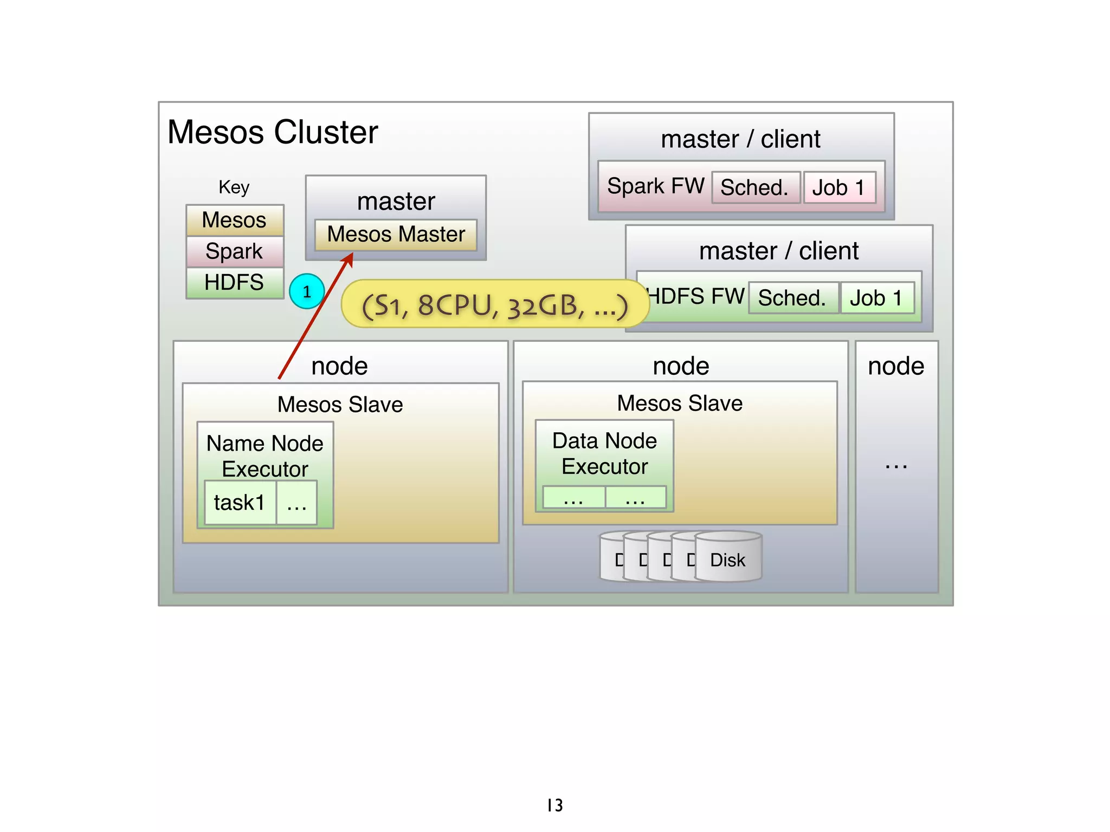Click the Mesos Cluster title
coord(273,132)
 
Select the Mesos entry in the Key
coord(234,220)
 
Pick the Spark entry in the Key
coord(234,251)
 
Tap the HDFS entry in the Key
coord(234,282)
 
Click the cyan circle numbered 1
coord(307,291)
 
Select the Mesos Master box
coord(396,235)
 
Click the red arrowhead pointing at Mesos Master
coord(348,259)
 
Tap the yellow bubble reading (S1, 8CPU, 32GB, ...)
coord(494,305)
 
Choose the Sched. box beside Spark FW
coord(755,187)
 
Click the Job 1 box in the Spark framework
coord(839,187)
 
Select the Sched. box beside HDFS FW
coord(792,297)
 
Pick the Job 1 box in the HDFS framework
coord(876,297)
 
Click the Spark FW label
coord(655,186)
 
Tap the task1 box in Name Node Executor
coord(240,503)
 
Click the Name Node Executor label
coord(265,456)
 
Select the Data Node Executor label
coord(604,453)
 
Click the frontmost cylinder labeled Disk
coord(728,559)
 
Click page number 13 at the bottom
coord(554,805)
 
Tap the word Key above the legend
coord(234,187)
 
